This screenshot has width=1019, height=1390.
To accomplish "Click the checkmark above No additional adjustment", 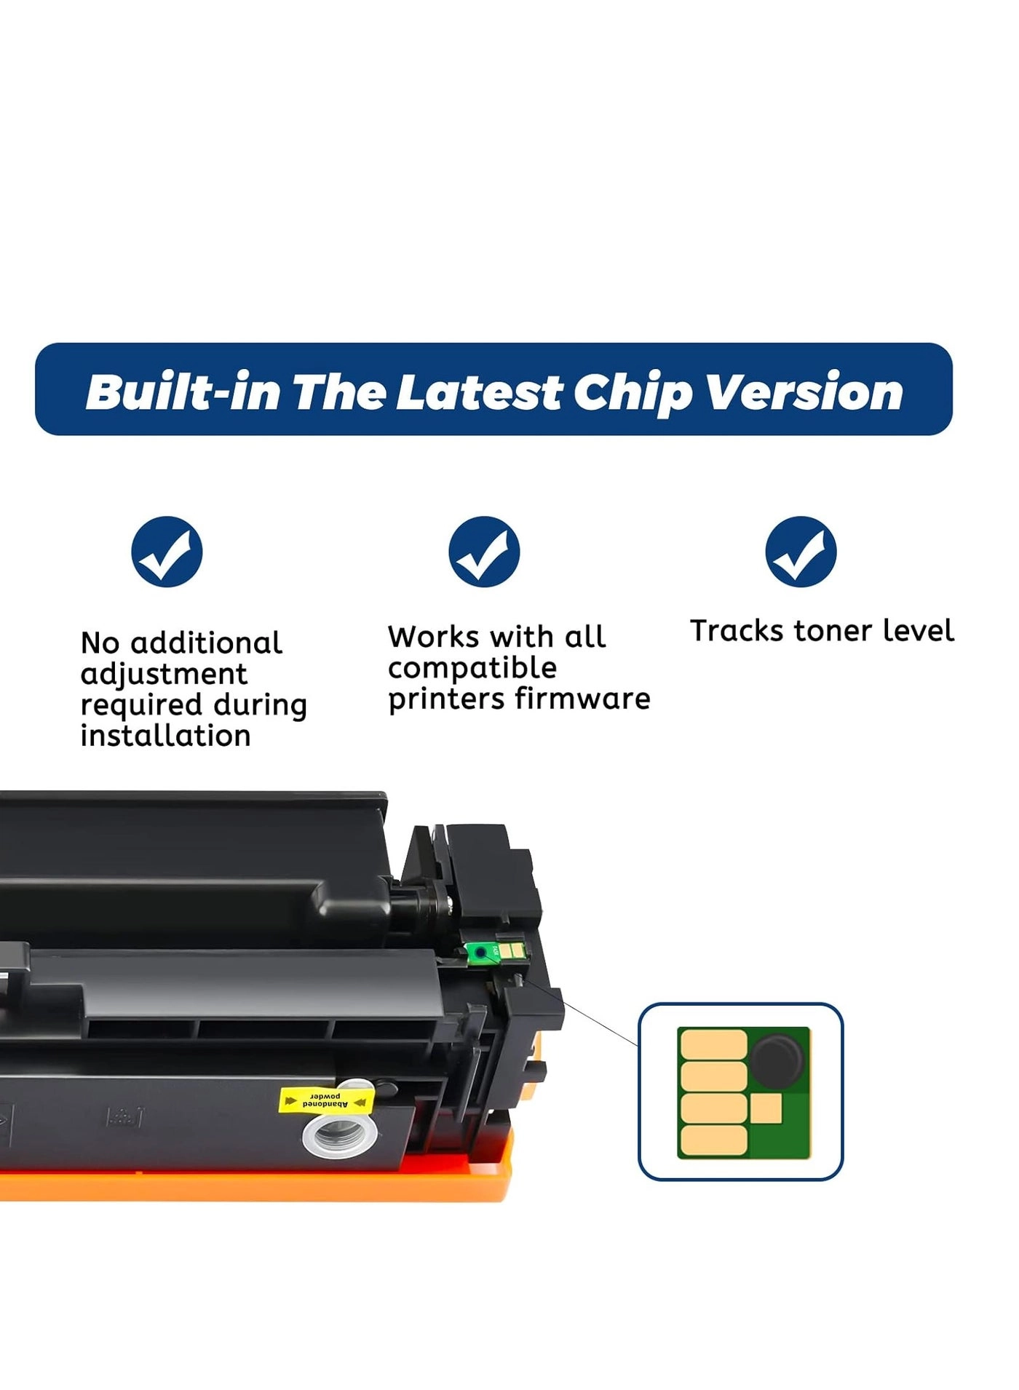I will click(167, 552).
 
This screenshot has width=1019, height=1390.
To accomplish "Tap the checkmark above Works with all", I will click(484, 552).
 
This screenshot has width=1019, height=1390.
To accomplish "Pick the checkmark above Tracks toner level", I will click(801, 552).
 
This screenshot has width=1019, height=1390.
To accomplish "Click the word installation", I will click(165, 736).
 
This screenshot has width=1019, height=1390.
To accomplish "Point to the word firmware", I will click(582, 699).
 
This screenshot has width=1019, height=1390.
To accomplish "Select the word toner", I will click(833, 630).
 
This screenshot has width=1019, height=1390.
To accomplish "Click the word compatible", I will click(472, 667).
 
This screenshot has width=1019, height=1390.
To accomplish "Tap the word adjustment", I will click(164, 674).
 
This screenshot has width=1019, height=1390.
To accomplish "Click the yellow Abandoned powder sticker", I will click(326, 1100).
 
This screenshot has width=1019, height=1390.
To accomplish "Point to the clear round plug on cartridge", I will click(339, 1134).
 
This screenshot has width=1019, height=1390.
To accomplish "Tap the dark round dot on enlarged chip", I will click(777, 1060).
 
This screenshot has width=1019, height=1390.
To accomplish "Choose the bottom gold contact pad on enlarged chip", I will click(714, 1139).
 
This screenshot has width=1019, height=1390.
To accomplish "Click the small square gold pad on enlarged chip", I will click(766, 1108).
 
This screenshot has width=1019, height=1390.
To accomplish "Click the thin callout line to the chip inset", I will click(582, 1010).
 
